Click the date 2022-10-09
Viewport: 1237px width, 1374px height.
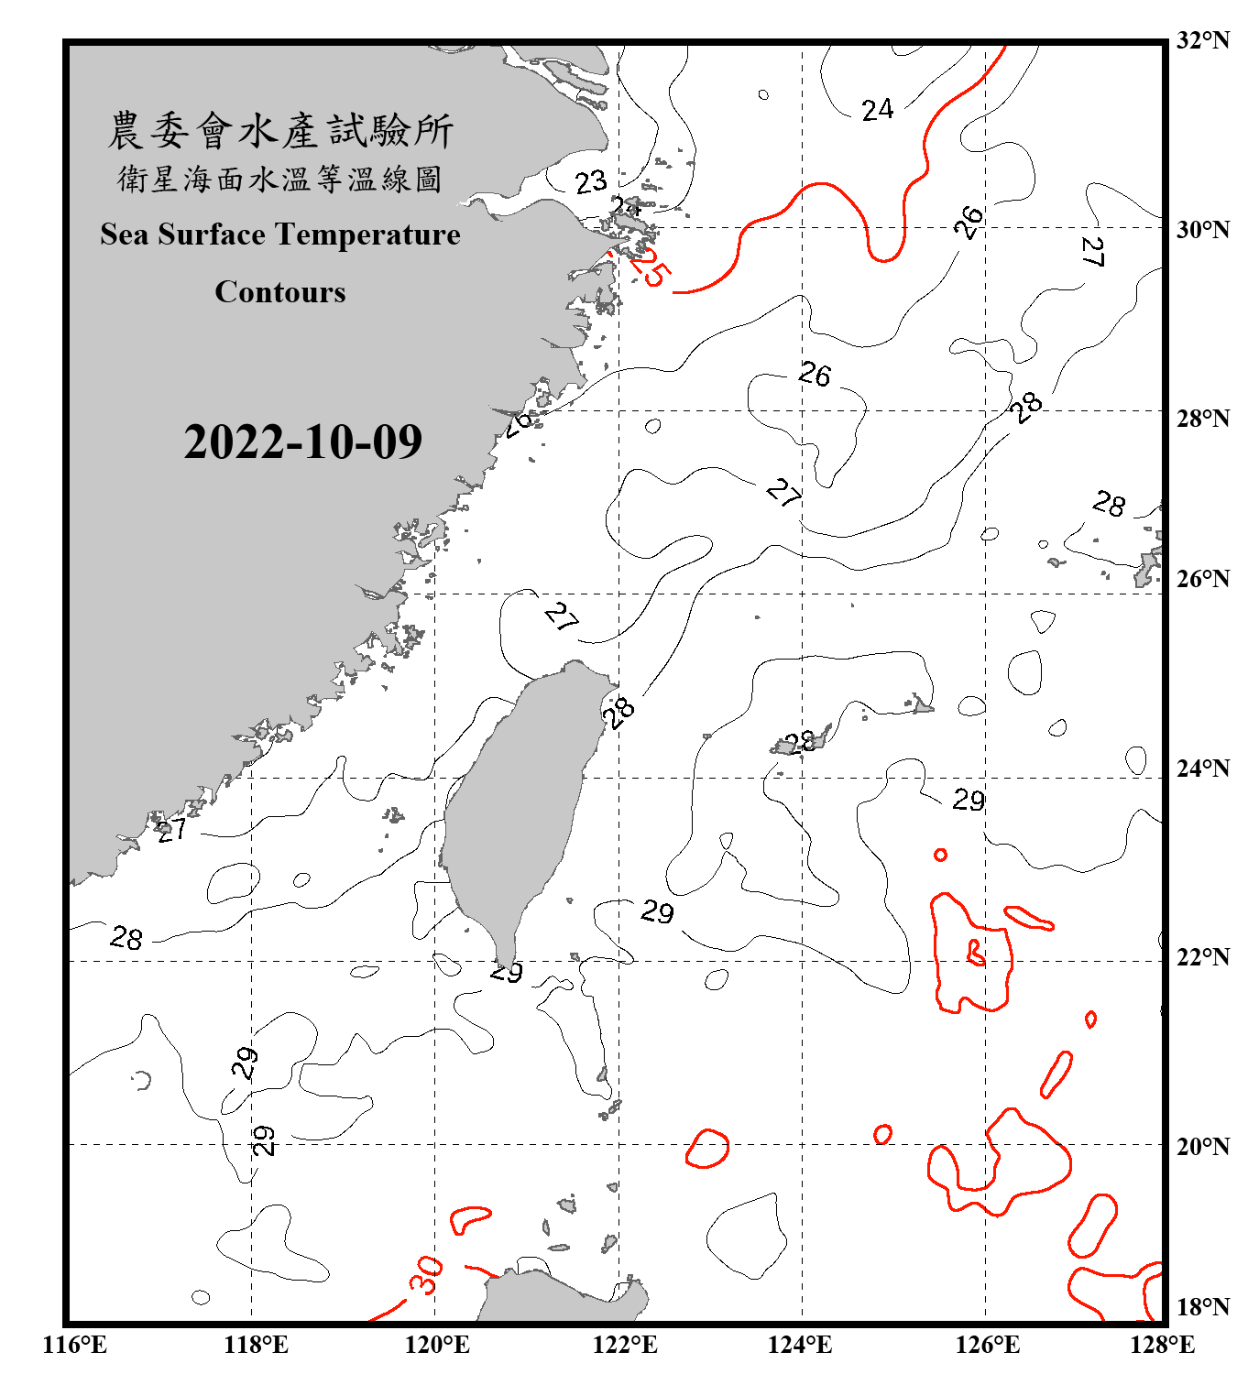pos(302,442)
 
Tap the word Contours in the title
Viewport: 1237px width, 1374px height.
pos(280,291)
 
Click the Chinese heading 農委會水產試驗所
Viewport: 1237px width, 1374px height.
pos(280,130)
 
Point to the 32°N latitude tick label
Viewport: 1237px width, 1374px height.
pos(1202,40)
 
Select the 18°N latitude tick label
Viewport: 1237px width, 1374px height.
pos(1202,1307)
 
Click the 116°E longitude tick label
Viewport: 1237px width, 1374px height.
pos(75,1345)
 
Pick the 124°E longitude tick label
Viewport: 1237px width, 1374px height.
pos(800,1345)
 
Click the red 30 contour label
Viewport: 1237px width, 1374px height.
pos(425,1274)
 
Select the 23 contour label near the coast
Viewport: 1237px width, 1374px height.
pos(591,181)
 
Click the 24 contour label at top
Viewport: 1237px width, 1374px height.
pos(877,110)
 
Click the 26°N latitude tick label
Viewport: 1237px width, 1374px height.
pos(1202,579)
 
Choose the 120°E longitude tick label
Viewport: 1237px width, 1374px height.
pos(437,1345)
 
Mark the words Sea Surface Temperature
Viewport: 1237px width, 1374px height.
pos(280,234)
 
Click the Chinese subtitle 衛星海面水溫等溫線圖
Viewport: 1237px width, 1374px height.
pos(280,179)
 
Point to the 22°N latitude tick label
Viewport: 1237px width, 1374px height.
pos(1202,957)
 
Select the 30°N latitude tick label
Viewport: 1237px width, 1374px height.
pos(1202,230)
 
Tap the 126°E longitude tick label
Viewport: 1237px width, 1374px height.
pos(987,1345)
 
